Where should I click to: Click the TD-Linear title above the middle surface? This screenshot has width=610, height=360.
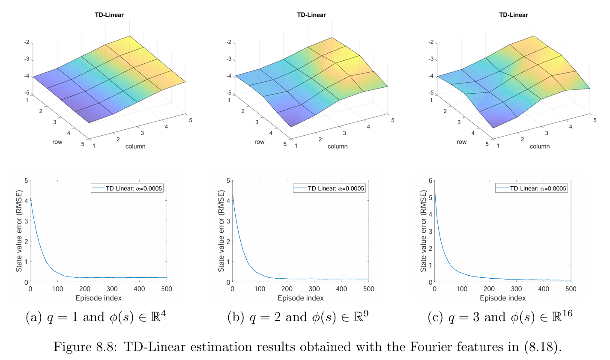[311, 15]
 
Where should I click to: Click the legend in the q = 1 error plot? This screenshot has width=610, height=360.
[127, 188]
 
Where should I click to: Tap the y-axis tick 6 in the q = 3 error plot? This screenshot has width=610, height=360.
[430, 181]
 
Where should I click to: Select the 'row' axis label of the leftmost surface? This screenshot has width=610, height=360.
[57, 142]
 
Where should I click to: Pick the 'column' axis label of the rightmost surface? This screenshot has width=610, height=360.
[540, 146]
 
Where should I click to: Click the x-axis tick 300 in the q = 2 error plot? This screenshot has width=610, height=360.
[314, 289]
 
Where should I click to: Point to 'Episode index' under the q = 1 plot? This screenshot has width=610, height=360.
[99, 298]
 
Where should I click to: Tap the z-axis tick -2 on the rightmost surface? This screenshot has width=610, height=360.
[431, 42]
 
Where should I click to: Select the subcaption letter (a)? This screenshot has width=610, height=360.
[34, 318]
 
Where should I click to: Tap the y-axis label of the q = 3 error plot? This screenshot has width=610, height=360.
[424, 231]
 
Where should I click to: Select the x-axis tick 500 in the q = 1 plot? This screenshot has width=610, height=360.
[167, 289]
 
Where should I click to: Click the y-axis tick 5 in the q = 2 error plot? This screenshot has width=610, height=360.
[228, 181]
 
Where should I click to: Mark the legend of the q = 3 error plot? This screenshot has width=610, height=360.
[532, 188]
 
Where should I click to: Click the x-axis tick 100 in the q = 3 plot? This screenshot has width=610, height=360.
[462, 289]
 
